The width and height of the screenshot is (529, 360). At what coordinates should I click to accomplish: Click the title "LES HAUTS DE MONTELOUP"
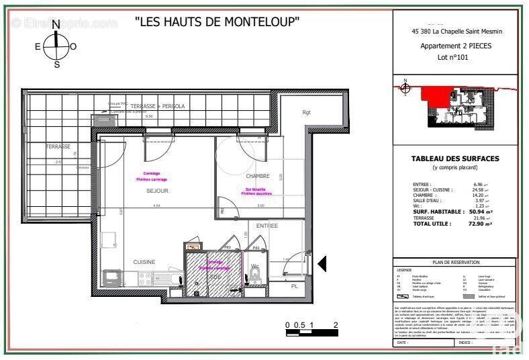click(217, 21)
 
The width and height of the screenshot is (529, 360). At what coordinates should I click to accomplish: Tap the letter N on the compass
click(56, 24)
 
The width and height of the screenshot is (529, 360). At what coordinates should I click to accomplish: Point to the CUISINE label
click(144, 262)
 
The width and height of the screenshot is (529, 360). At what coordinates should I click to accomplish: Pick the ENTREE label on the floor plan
click(267, 226)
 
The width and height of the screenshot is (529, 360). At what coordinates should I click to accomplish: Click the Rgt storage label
click(307, 112)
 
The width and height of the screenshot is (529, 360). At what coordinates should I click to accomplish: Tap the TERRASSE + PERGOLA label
click(158, 106)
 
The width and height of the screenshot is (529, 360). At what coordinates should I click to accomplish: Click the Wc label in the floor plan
click(254, 267)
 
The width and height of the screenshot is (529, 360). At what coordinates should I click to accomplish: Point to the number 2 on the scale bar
click(334, 324)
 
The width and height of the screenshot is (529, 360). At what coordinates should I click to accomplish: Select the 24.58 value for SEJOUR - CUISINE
click(478, 190)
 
